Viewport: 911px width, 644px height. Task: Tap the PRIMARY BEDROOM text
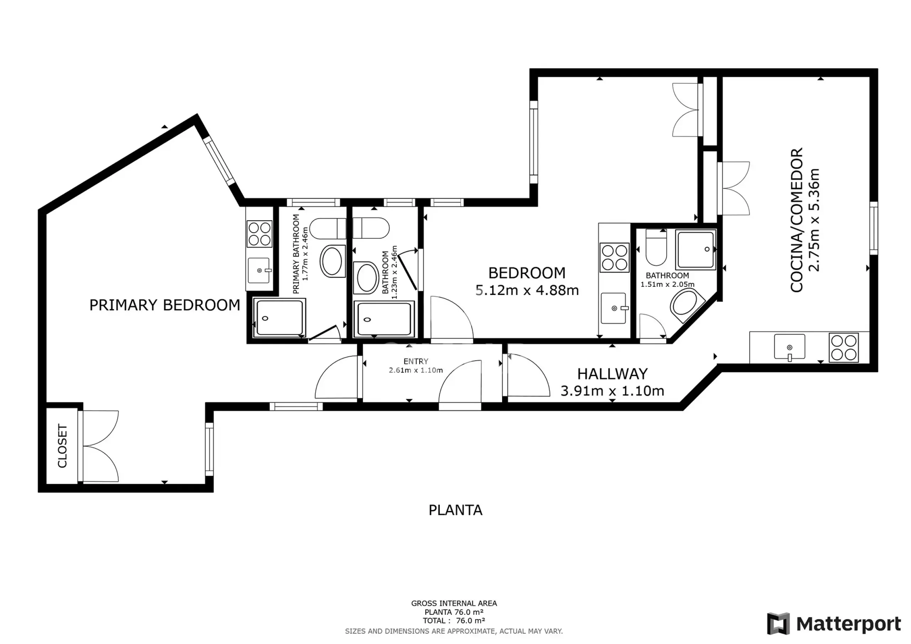(165, 305)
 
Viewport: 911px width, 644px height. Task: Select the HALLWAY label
(612, 374)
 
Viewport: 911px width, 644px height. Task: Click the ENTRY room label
(416, 361)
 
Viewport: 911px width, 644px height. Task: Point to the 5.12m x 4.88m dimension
(527, 290)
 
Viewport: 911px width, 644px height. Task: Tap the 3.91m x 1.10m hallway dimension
(612, 391)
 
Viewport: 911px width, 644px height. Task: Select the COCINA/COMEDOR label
(797, 220)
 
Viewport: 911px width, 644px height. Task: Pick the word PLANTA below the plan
(455, 510)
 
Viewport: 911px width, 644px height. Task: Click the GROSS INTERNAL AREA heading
(454, 603)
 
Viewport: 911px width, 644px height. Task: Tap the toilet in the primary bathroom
(328, 228)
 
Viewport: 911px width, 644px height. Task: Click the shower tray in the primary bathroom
(280, 318)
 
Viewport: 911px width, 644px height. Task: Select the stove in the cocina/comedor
(843, 348)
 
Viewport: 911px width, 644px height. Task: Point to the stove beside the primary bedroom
(259, 234)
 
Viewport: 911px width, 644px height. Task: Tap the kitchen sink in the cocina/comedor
(790, 347)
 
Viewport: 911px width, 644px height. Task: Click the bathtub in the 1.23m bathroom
(384, 320)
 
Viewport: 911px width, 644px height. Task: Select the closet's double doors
(99, 447)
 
